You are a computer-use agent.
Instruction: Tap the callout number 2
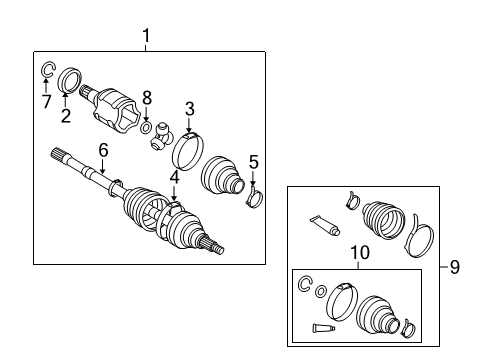pyautogui.click(x=67, y=115)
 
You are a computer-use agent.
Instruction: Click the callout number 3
pyautogui.click(x=188, y=107)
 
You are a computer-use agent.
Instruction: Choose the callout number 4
pyautogui.click(x=174, y=178)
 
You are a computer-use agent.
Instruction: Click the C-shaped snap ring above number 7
pyautogui.click(x=46, y=70)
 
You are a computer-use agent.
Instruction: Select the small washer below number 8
pyautogui.click(x=146, y=127)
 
